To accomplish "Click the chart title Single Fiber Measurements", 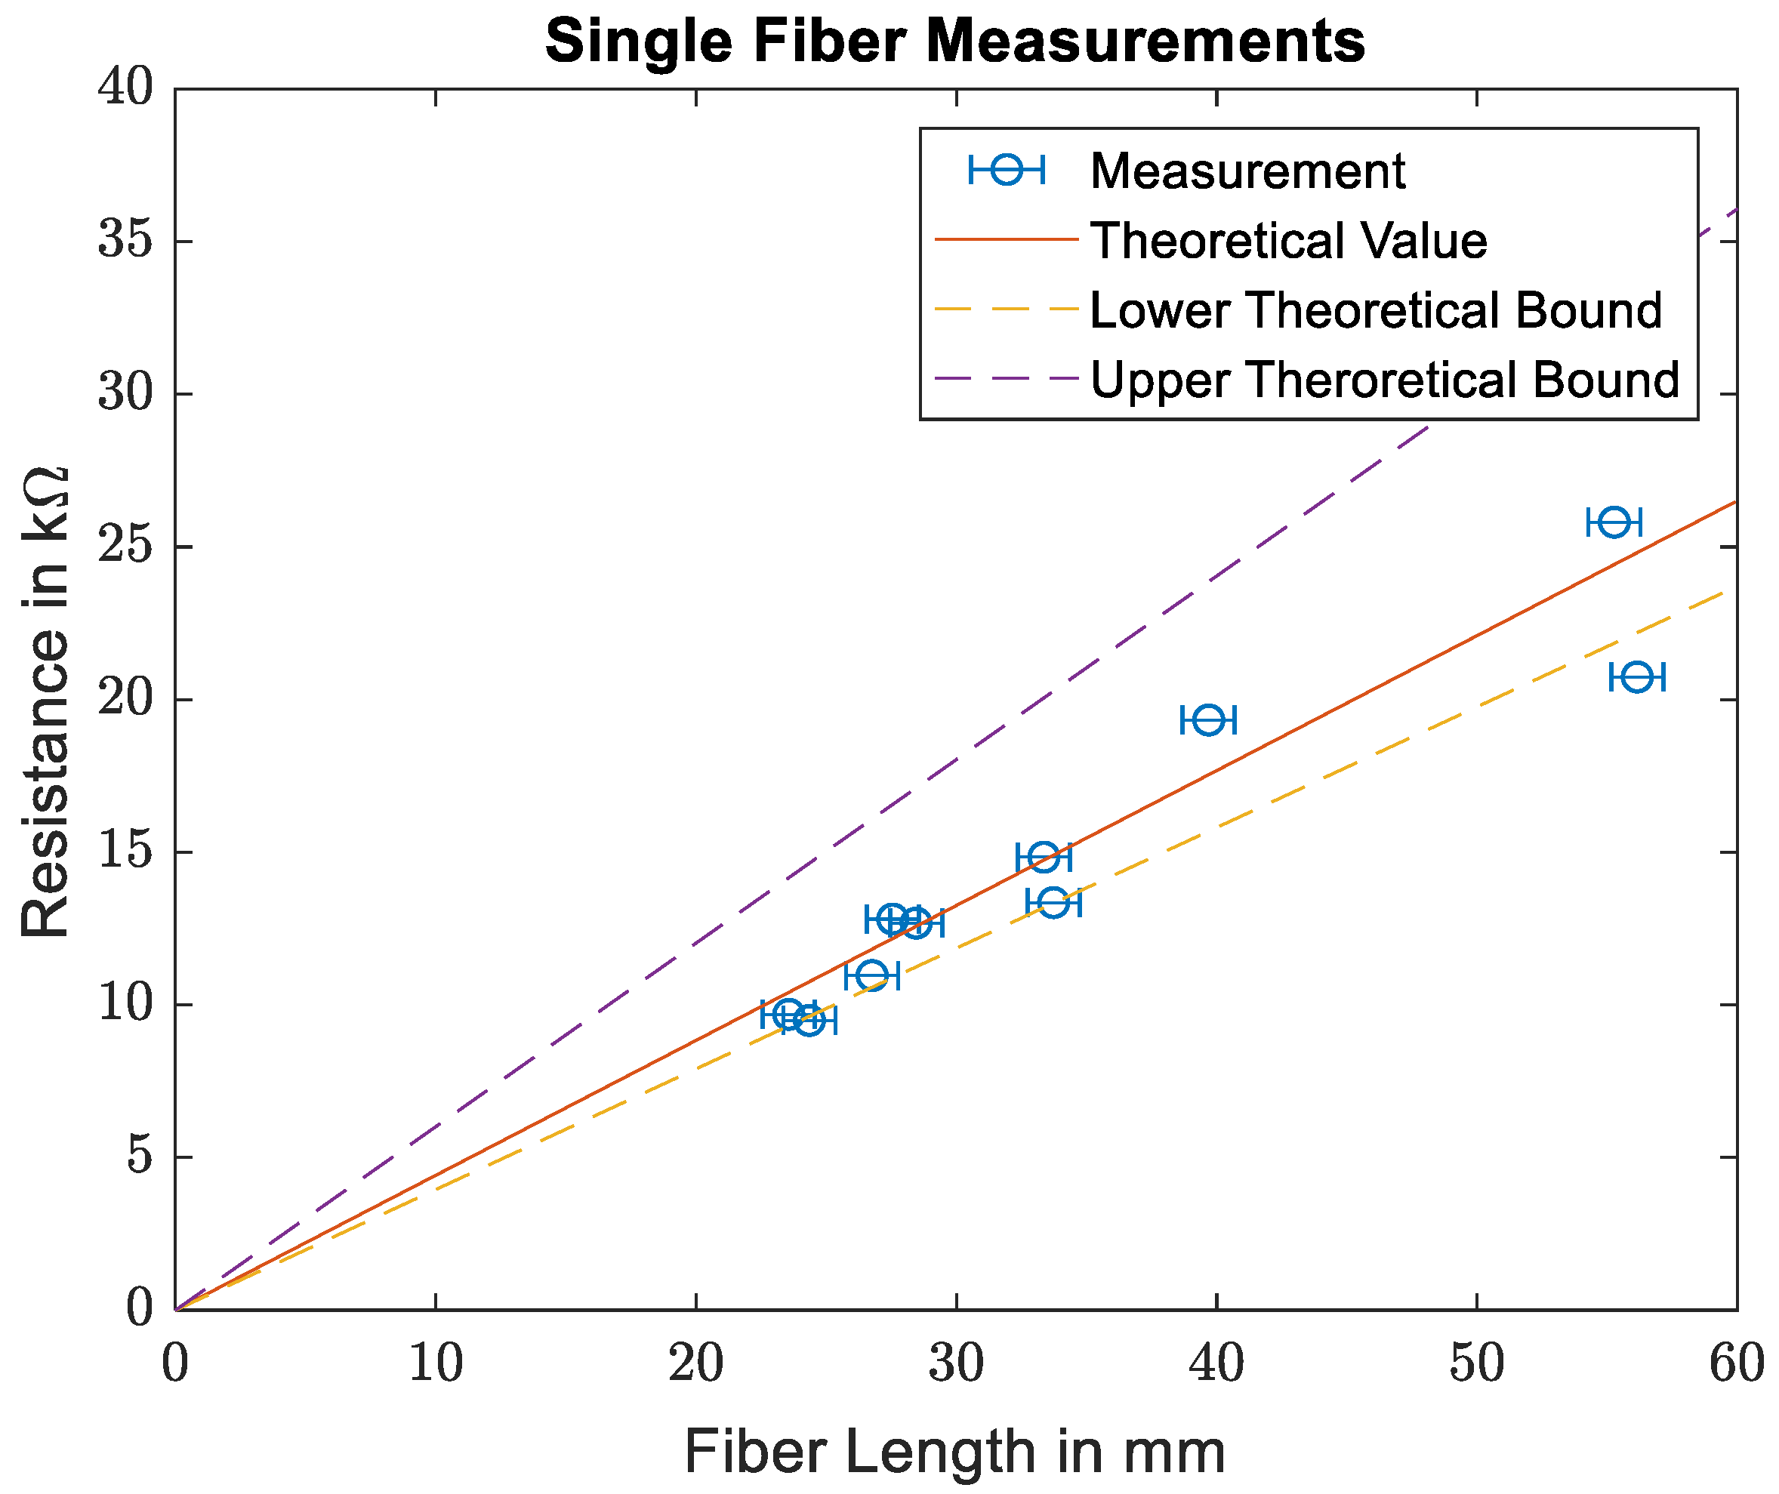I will pos(954,42).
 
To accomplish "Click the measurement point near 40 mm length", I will pos(1208,720).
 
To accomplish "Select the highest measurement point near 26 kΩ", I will pos(1614,522).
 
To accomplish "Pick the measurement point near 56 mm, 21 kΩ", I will pos(1637,678).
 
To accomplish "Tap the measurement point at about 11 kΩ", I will pos(871,975).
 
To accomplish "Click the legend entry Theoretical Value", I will pos(1287,241).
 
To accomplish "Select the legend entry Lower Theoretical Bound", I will pos(1375,310).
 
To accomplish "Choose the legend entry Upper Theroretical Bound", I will pos(1384,380).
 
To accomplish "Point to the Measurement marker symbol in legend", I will pos(1007,170).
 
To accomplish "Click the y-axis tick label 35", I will pos(125,242).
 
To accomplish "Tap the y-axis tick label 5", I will pos(140,1157).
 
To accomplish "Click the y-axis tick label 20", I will pos(125,700).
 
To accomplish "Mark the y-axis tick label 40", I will pos(125,89).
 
